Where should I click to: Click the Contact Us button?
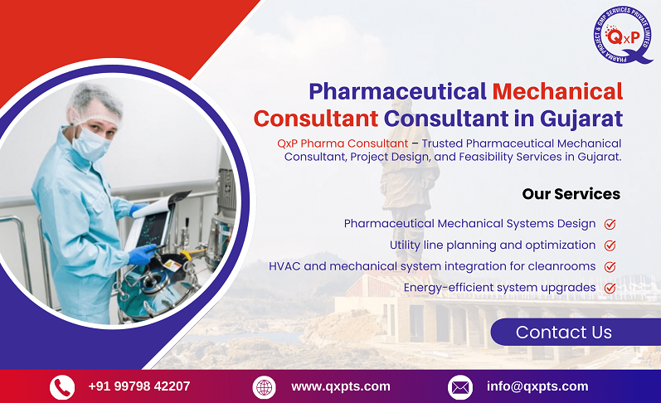(x=564, y=333)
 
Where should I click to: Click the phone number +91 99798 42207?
(x=139, y=386)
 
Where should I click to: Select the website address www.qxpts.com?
(x=340, y=386)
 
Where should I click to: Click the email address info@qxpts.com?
(x=537, y=386)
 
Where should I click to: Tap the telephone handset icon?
(x=62, y=387)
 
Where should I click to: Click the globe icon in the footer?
(x=264, y=387)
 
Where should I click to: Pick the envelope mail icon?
(x=460, y=387)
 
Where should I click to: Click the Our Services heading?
(x=571, y=194)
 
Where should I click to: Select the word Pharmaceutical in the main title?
(x=397, y=90)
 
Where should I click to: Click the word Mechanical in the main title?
(x=557, y=90)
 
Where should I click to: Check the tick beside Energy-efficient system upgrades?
(x=610, y=289)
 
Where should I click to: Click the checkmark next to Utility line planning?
(x=610, y=245)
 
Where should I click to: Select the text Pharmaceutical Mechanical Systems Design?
(x=469, y=224)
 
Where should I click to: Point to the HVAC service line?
(x=432, y=266)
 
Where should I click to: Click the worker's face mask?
(x=90, y=143)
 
